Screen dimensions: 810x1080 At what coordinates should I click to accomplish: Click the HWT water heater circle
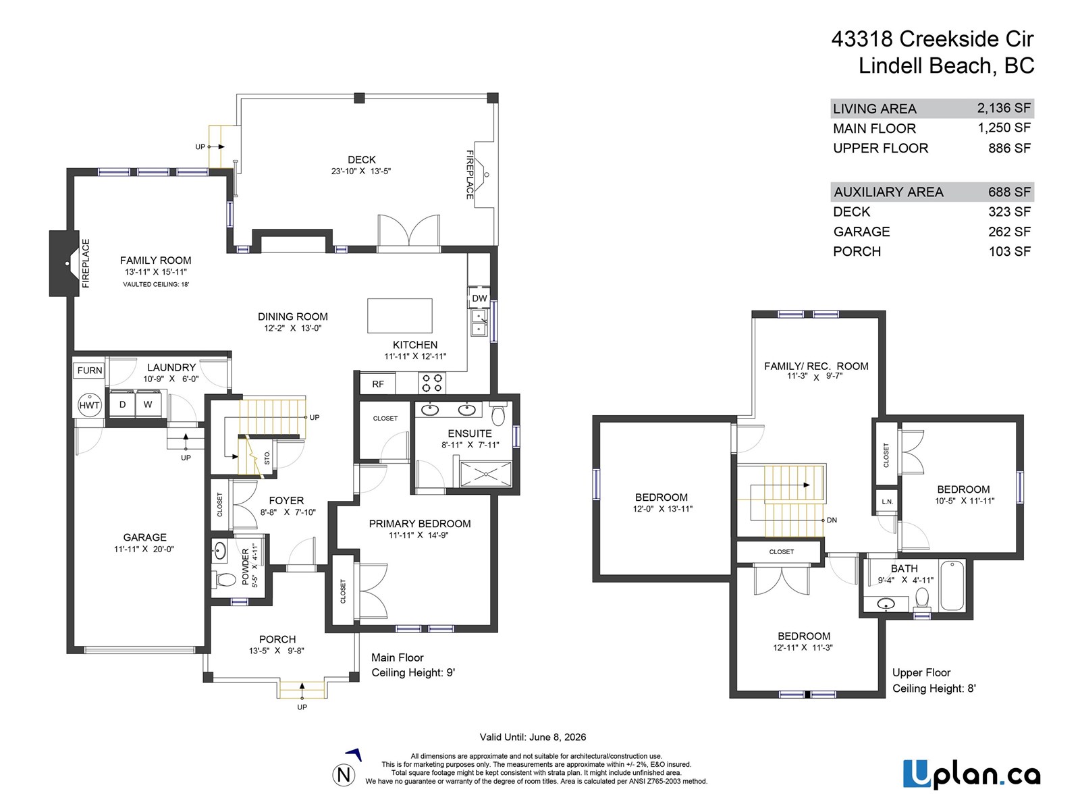coord(89,405)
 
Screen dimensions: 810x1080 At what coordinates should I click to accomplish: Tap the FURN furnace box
coord(89,370)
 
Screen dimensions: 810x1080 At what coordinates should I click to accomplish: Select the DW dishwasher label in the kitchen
coord(479,298)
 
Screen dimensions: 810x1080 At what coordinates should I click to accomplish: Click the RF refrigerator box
coord(378,384)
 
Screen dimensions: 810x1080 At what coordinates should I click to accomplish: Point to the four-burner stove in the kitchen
coord(433,383)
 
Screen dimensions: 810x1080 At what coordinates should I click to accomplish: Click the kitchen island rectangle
coord(400,316)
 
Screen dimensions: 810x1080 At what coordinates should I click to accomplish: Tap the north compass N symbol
coord(344,774)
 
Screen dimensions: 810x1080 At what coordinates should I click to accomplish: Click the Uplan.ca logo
coord(971,774)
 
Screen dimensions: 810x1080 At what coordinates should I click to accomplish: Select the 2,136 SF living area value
coord(1004,108)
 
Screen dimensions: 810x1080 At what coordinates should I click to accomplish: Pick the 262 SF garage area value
coord(1009,232)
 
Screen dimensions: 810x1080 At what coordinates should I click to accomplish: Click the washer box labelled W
coord(148,404)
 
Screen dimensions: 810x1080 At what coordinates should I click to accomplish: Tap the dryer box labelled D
coord(122,404)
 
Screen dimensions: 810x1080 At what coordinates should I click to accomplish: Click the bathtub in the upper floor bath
coord(952,585)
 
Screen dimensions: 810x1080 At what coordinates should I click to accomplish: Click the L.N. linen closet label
coord(887,502)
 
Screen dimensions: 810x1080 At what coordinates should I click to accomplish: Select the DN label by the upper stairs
coord(832,520)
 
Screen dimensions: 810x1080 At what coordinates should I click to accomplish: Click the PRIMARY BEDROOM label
coord(419,524)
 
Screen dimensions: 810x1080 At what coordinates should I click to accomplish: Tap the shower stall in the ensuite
coord(485,474)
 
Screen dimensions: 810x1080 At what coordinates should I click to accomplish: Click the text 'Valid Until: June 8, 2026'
coord(533,737)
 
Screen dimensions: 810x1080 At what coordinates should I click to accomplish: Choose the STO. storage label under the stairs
coord(267,458)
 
